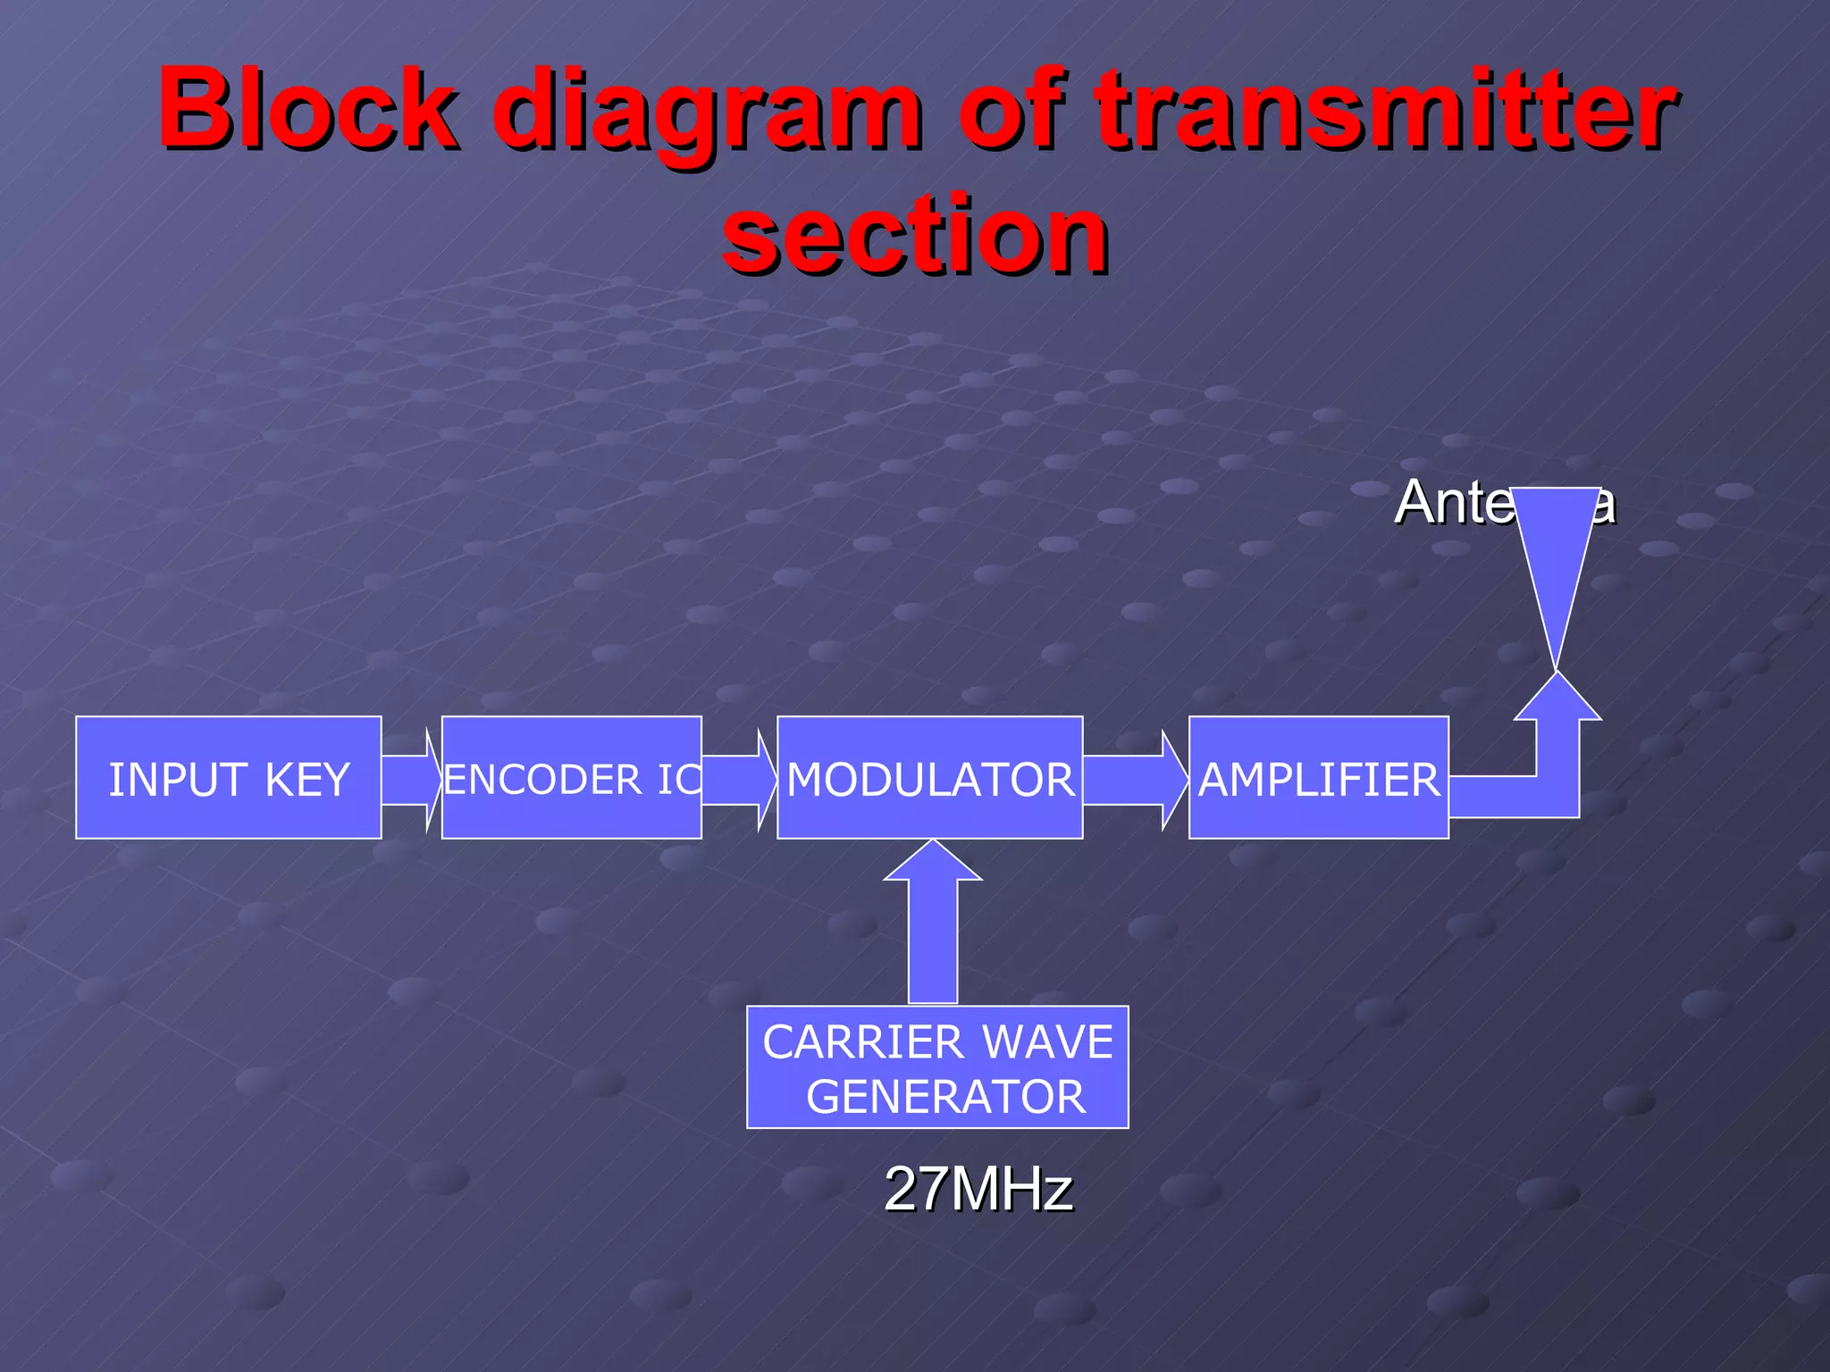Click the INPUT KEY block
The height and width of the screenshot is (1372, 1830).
229,777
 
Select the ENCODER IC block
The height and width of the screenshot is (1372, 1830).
571,777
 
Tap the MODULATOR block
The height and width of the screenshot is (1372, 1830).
930,777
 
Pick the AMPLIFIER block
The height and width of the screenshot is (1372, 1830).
1318,777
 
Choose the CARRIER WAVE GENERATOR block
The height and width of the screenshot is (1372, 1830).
937,1067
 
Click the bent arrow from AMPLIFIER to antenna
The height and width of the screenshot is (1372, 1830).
1557,768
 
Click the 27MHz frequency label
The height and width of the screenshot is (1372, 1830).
978,1189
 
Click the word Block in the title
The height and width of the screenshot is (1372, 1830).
308,109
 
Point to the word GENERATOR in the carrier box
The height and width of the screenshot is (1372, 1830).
945,1097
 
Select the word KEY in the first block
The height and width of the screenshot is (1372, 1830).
306,780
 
